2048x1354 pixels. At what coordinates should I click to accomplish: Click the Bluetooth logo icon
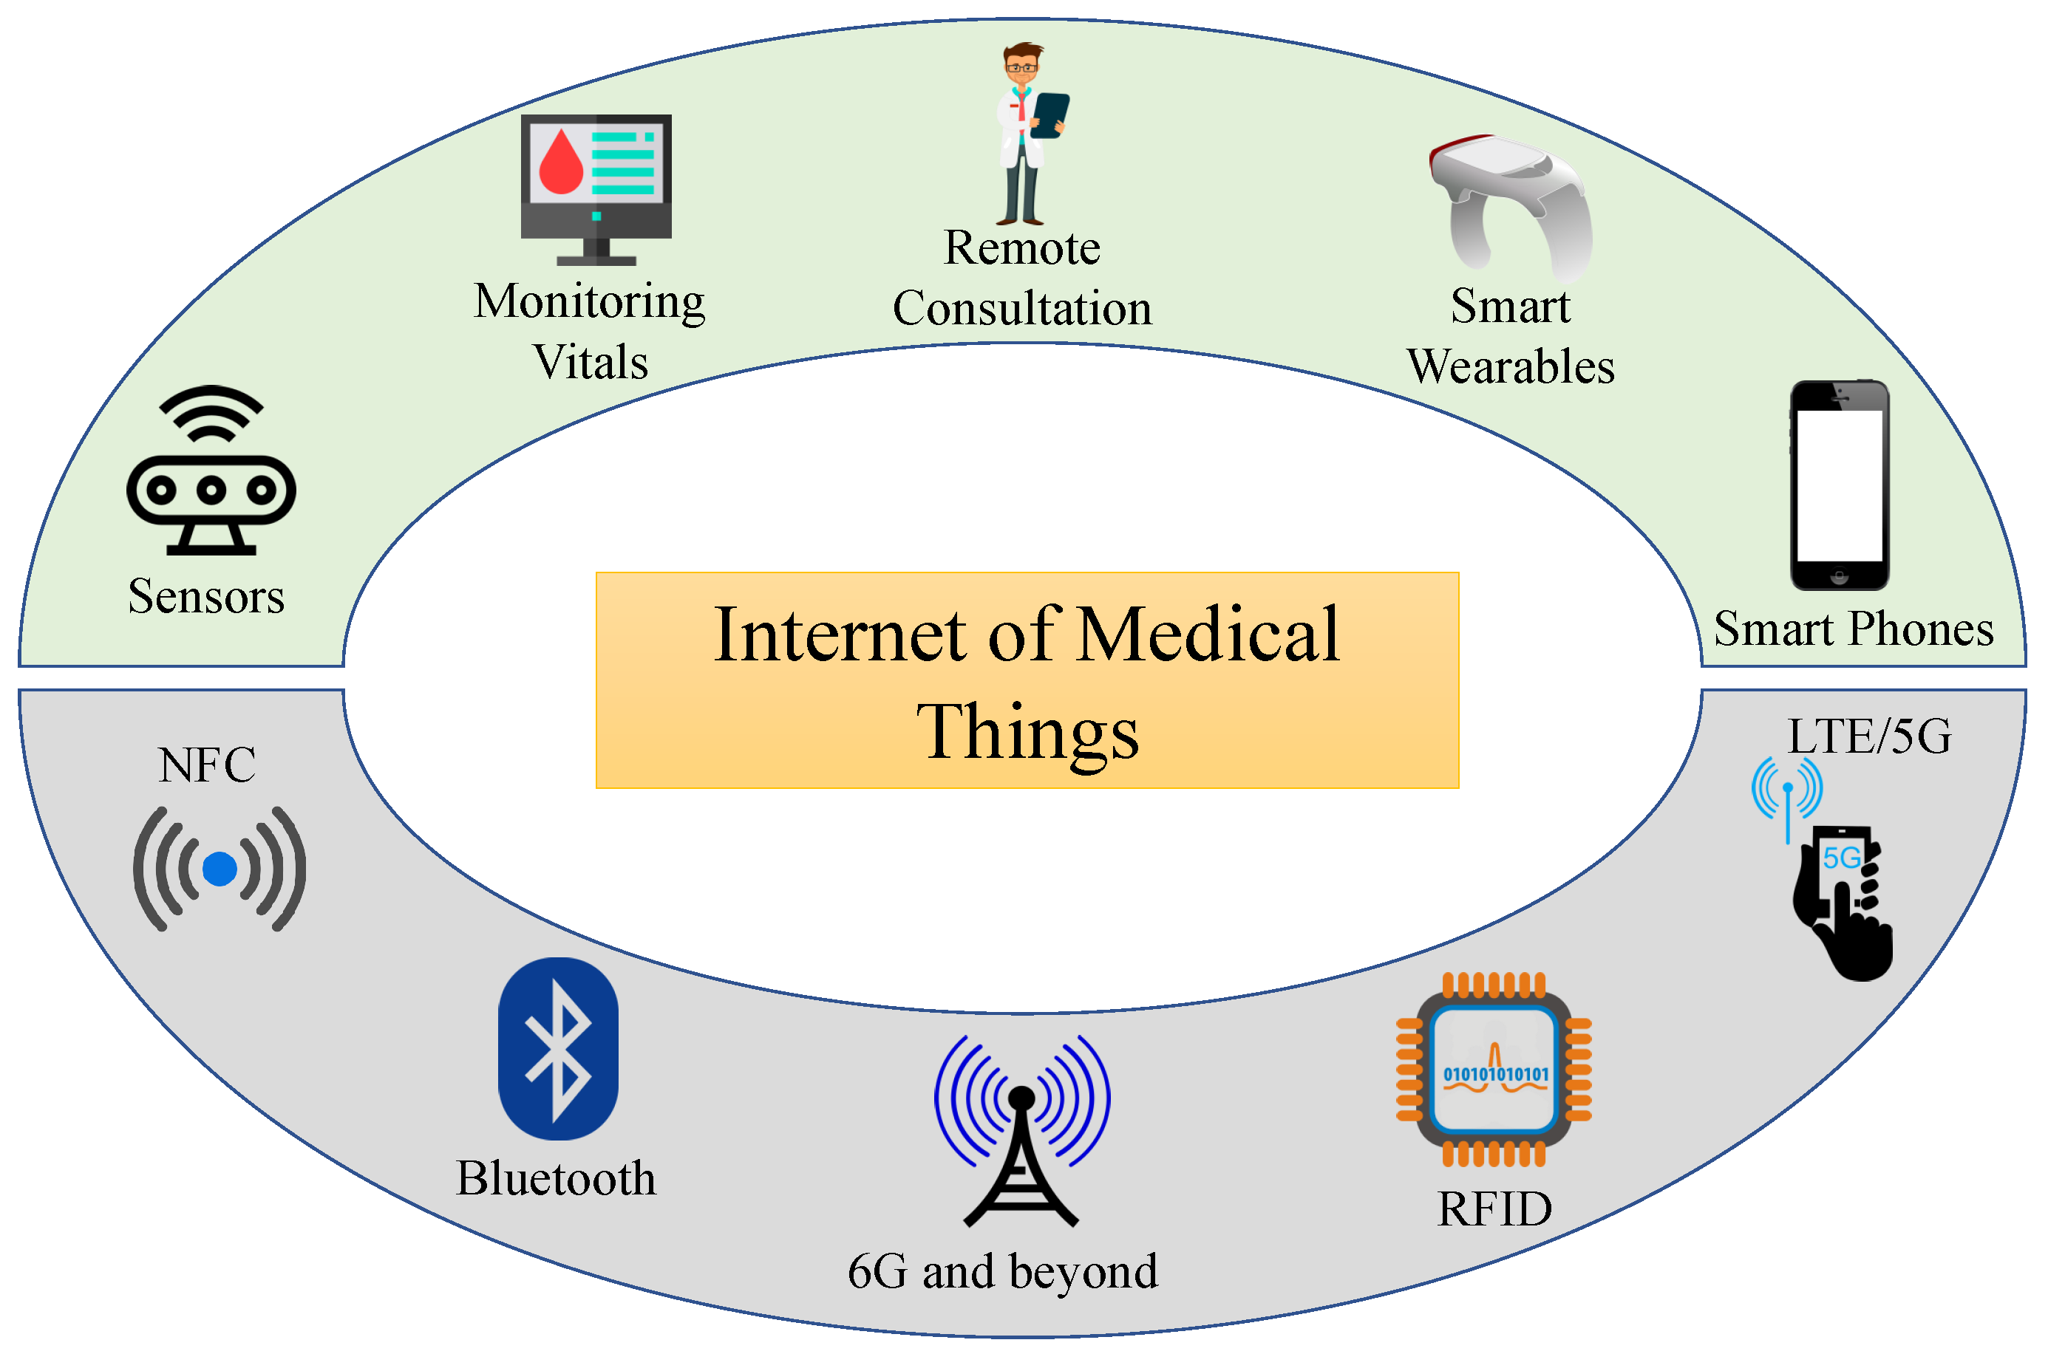point(558,1048)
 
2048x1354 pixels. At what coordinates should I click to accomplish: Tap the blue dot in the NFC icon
point(220,869)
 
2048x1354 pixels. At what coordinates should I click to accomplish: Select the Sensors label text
point(206,597)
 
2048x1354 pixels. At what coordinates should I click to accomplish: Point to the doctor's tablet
point(1049,114)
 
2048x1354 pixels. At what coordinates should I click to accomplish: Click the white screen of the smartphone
point(1839,485)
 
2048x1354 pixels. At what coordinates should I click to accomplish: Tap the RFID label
point(1494,1209)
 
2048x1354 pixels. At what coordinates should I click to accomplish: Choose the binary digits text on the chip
point(1496,1074)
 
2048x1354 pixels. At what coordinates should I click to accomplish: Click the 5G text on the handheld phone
point(1841,858)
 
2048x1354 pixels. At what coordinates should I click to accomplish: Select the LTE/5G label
point(1869,736)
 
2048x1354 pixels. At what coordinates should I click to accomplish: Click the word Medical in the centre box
point(1208,635)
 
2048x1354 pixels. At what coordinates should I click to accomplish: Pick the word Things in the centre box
point(1027,731)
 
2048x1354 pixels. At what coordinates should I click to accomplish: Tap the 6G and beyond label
point(1003,1271)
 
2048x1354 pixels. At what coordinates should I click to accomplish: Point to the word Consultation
point(1023,308)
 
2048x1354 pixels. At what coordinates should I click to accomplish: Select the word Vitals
point(590,362)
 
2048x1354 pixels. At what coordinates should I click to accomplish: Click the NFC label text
point(206,765)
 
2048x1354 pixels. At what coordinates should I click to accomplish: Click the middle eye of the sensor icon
point(211,490)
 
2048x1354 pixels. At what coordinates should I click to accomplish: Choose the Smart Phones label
point(1854,629)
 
